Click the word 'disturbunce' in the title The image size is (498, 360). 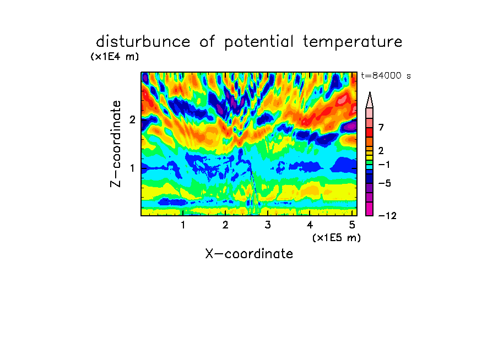pos(143,42)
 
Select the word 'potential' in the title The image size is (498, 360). pos(259,42)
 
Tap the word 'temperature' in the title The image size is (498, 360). pos(353,42)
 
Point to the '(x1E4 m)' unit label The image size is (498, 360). pos(115,57)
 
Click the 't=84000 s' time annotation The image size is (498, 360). pos(386,76)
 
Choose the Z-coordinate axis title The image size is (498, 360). pos(115,144)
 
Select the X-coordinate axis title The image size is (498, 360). pos(249,254)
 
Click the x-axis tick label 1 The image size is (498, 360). pos(183,225)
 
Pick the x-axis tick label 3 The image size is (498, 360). pos(268,225)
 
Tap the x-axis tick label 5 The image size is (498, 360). pos(352,225)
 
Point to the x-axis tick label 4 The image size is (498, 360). pos(310,225)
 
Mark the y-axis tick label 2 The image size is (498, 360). pos(132,119)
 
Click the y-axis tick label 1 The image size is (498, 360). pos(132,168)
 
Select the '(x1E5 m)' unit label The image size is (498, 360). pos(337,238)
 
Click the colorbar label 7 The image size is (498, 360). pos(381,128)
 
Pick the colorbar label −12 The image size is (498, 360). pos(387,216)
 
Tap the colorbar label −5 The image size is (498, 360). pos(385,183)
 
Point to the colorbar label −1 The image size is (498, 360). pos(384,165)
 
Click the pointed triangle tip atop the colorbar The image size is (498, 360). pos(370,92)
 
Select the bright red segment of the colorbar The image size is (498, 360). pos(370,132)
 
